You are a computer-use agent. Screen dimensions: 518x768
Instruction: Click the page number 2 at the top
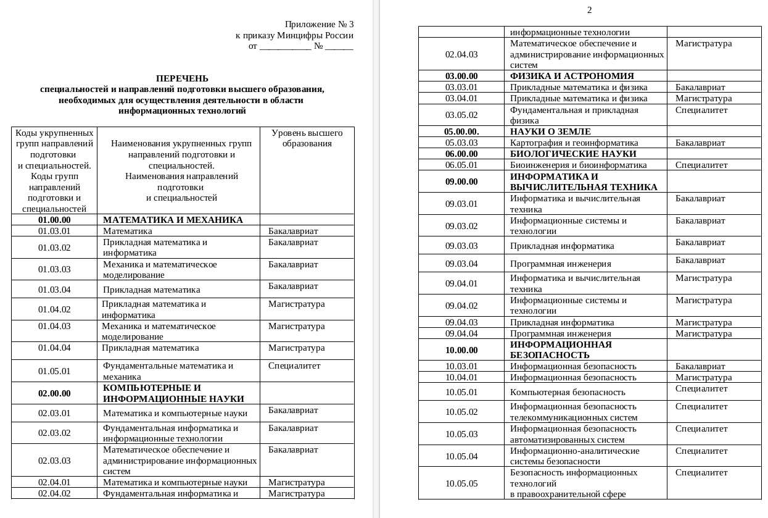coord(589,10)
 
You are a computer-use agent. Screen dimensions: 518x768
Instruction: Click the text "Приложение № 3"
coord(319,25)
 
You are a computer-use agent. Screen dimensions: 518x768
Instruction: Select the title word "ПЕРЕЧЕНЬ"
coord(182,78)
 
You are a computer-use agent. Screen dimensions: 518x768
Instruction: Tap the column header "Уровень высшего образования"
coord(307,138)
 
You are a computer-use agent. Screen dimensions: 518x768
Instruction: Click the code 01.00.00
coord(54,220)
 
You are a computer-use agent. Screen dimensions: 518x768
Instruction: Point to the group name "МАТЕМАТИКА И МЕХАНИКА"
coord(173,220)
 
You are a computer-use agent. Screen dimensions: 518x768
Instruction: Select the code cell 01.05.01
coord(54,371)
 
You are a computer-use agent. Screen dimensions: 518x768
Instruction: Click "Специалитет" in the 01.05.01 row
coord(294,366)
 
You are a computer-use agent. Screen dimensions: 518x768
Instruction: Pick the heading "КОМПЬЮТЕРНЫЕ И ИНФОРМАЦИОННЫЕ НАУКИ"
coord(173,393)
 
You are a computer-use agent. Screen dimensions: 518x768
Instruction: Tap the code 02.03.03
coord(54,461)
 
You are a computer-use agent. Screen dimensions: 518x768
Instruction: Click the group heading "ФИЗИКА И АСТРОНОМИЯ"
coord(572,76)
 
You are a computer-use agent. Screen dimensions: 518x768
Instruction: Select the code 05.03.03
coord(461,143)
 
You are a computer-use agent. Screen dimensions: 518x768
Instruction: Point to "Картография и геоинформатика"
coord(574,143)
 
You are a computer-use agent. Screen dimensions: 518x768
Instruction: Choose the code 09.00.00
coord(461,182)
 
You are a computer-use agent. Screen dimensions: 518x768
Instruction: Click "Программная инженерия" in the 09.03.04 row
coord(560,264)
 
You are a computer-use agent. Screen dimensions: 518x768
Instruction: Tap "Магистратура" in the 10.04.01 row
coord(703,377)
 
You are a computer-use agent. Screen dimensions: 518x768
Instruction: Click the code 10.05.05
coord(461,483)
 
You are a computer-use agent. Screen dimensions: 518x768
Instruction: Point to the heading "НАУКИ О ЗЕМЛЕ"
coord(550,132)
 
